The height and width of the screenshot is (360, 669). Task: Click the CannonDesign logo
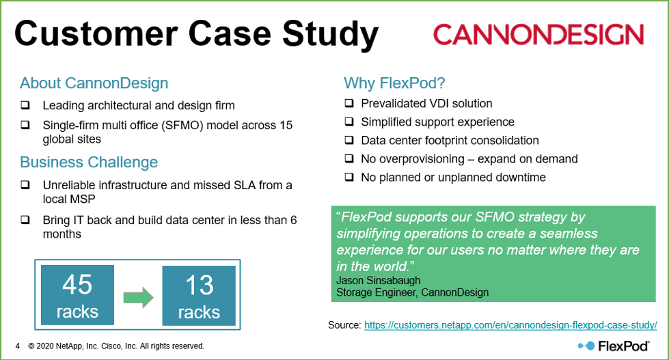(538, 35)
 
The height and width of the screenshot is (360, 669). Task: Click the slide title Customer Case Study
(196, 34)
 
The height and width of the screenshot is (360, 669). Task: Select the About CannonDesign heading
(94, 83)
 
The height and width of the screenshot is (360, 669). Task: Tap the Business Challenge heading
(89, 162)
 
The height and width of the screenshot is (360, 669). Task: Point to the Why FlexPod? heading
(395, 83)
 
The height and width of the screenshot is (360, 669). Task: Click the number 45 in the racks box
(77, 284)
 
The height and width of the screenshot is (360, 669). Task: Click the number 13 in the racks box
(200, 285)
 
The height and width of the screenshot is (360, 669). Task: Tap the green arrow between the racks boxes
(138, 297)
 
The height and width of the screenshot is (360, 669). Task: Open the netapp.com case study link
(510, 325)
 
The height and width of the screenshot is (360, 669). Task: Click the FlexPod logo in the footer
(614, 346)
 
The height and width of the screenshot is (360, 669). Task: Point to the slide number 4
(18, 346)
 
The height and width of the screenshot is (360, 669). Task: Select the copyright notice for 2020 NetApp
(116, 346)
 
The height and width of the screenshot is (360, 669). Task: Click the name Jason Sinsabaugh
(379, 280)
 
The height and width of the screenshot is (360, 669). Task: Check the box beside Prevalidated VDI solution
(349, 102)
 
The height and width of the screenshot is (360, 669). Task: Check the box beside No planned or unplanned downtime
(349, 177)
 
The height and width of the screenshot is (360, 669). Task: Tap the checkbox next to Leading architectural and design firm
(25, 105)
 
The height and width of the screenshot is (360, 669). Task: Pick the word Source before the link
(344, 325)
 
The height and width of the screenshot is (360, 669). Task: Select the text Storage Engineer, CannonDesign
(413, 292)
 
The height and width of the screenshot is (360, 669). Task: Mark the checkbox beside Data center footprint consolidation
(349, 140)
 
